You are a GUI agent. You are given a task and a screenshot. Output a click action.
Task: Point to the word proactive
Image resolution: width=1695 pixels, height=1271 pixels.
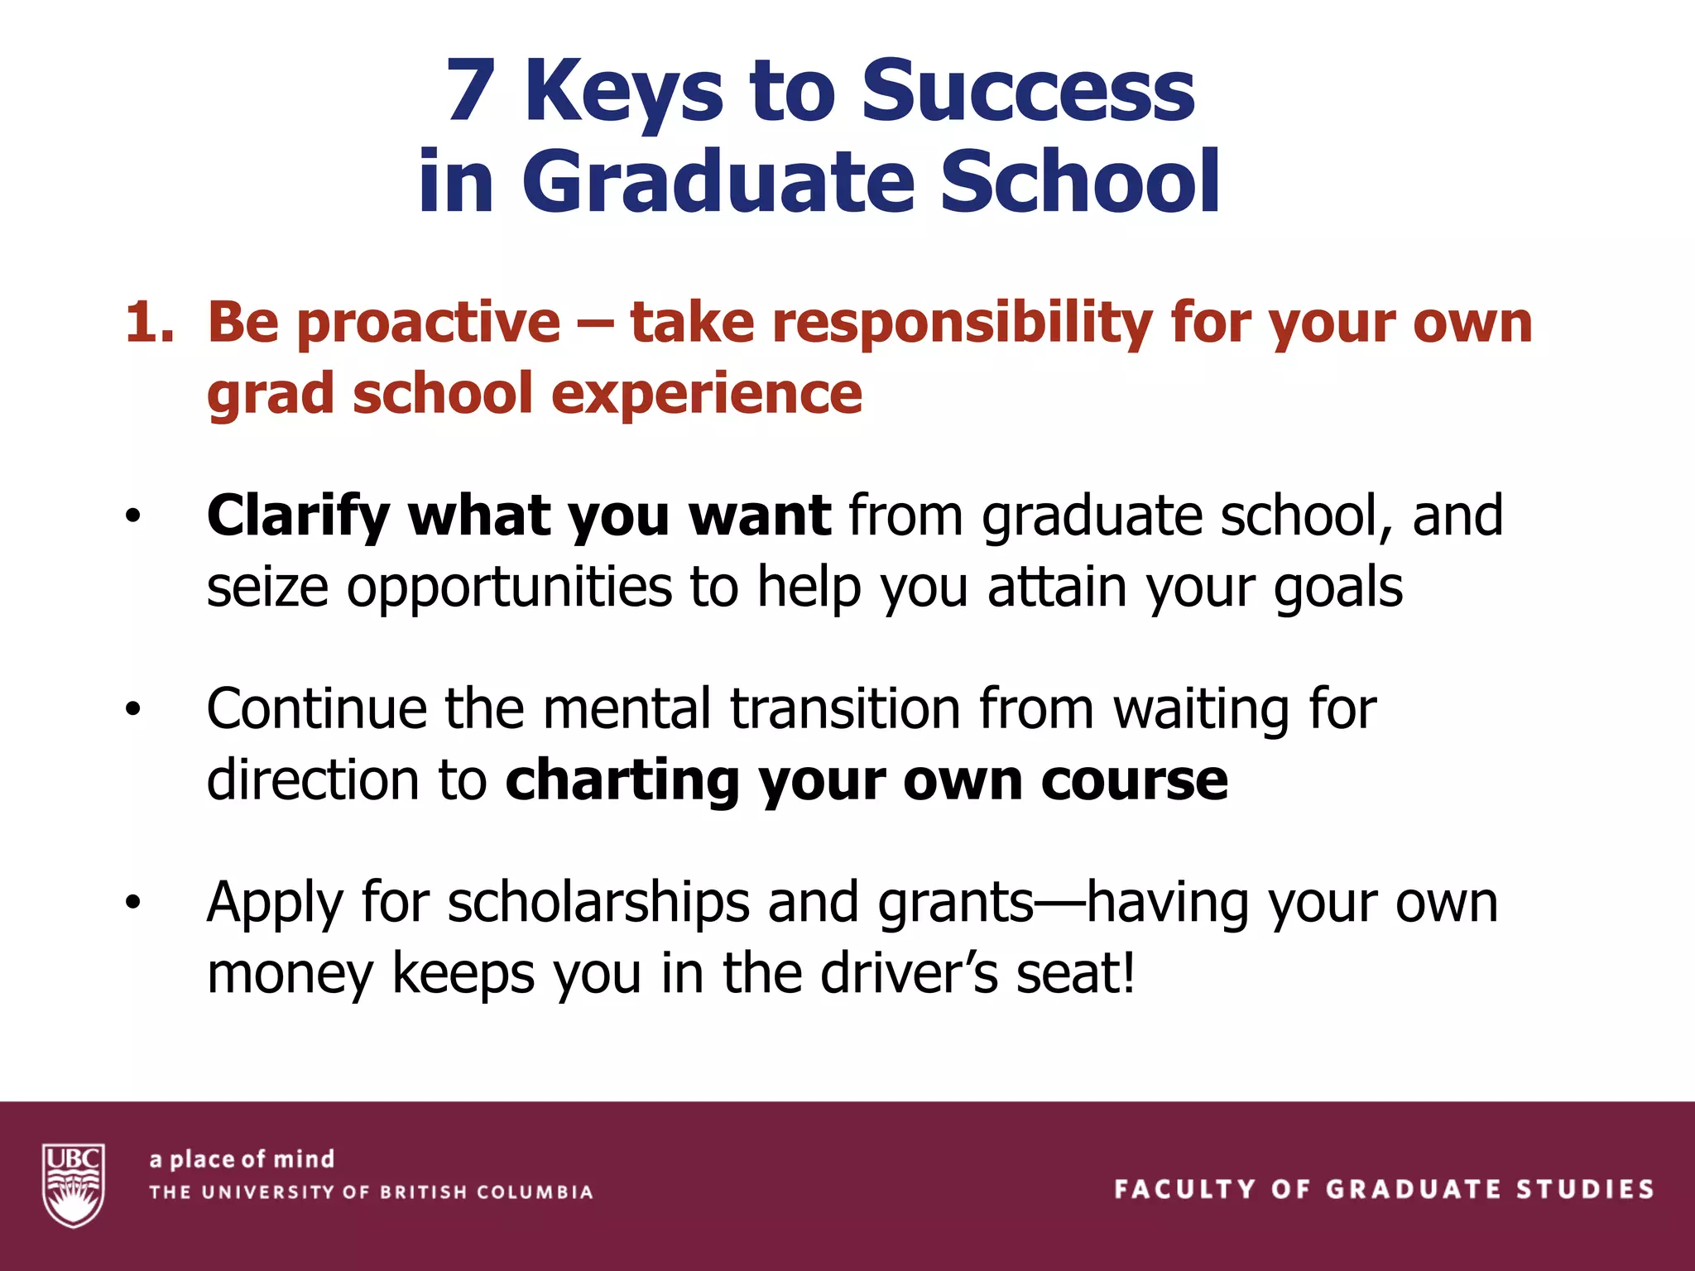point(429,323)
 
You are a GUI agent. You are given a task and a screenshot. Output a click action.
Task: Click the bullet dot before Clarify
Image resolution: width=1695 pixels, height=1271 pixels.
point(133,517)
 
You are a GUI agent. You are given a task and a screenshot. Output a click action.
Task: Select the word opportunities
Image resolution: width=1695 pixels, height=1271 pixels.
point(508,588)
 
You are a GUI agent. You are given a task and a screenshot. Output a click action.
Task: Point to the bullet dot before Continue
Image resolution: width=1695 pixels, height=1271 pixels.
point(133,710)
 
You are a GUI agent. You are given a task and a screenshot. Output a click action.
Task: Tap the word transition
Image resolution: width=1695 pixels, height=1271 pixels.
point(844,709)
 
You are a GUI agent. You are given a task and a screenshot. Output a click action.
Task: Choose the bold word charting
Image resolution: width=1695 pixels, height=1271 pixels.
point(622,781)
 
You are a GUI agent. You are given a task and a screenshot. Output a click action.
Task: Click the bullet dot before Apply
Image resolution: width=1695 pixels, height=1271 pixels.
point(133,903)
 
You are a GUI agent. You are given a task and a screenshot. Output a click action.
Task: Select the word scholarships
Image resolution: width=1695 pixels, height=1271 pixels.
point(598,903)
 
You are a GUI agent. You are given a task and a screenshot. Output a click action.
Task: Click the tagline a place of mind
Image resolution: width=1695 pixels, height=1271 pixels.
point(242,1159)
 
